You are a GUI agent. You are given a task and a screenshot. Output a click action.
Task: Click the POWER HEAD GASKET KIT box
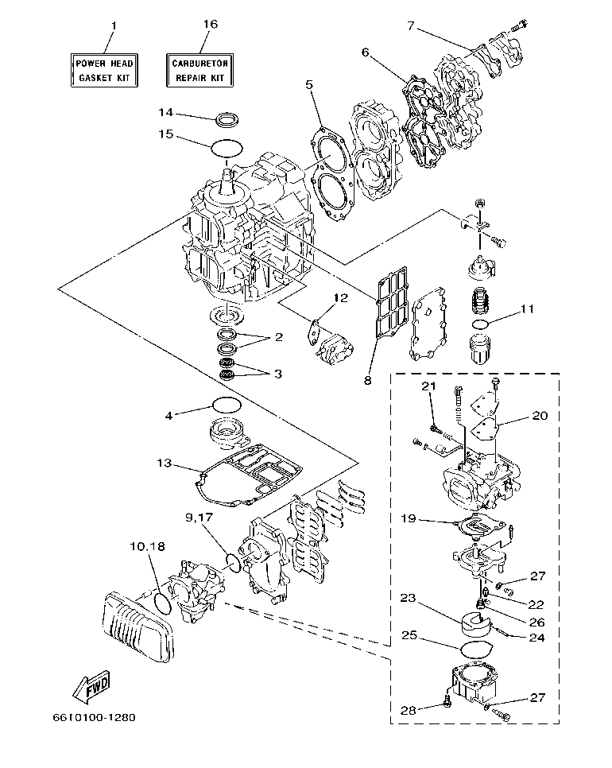pos(105,70)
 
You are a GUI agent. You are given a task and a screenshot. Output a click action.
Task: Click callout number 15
pos(165,135)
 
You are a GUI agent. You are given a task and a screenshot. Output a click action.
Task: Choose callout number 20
pos(539,416)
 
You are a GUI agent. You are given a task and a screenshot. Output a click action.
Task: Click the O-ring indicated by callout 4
pos(227,405)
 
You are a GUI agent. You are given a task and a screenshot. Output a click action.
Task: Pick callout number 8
pos(368,381)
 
